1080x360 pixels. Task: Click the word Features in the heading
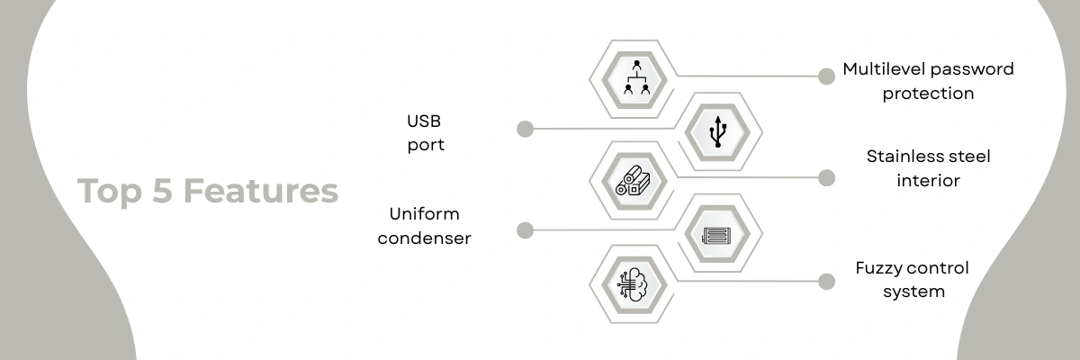(261, 191)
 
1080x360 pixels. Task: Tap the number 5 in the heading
(163, 191)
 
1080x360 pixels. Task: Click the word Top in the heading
(110, 193)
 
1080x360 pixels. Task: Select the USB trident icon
(718, 131)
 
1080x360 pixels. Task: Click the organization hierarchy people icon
(636, 77)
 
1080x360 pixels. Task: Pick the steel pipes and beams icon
(633, 181)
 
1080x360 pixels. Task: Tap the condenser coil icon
(717, 236)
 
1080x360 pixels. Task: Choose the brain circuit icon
(633, 284)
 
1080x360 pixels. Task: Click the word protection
(928, 94)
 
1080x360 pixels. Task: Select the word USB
(424, 121)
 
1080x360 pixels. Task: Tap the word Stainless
(901, 156)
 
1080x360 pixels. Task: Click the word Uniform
(424, 214)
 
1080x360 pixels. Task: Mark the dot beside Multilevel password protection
(826, 76)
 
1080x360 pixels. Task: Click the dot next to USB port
(525, 130)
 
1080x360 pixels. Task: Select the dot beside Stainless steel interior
(826, 178)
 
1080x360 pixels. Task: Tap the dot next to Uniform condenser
(525, 230)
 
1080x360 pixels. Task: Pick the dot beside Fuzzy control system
(826, 282)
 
